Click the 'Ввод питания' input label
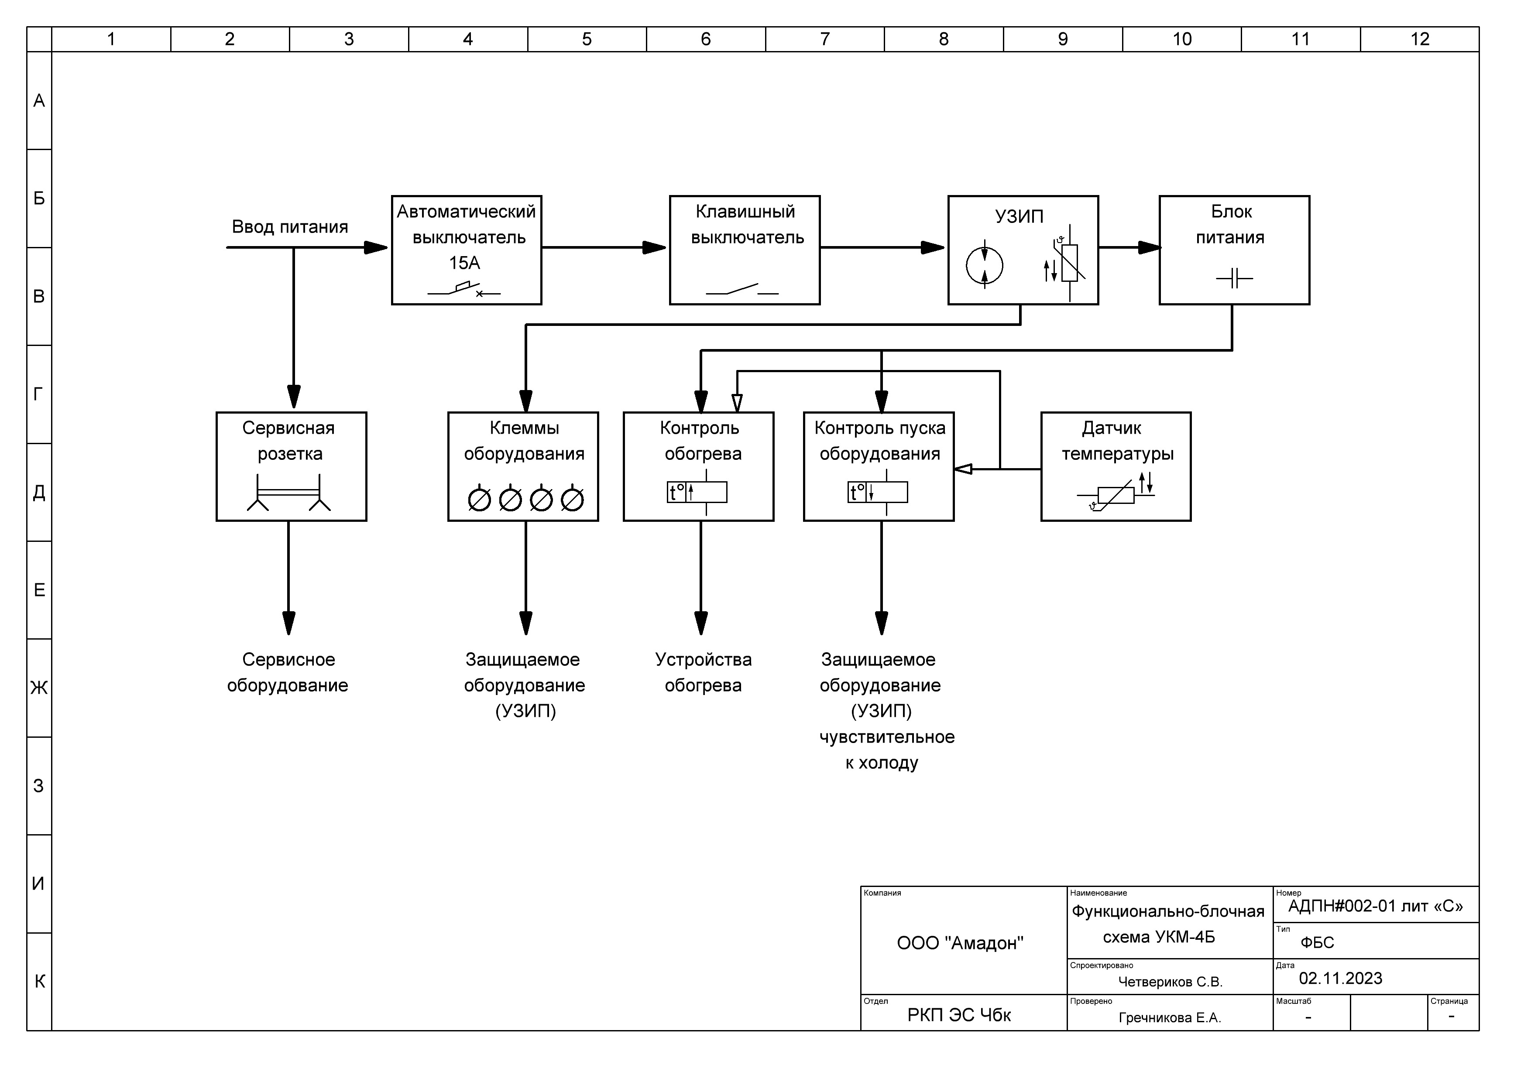tap(290, 227)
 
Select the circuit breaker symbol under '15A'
tap(464, 289)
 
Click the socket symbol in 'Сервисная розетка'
tap(289, 493)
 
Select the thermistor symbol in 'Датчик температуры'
tap(1116, 495)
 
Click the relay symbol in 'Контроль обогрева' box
tap(697, 492)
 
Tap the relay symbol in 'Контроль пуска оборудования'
tap(878, 492)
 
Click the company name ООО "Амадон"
tap(960, 943)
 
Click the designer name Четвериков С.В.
tap(1170, 982)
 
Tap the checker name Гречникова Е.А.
tap(1170, 1018)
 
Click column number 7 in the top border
tap(825, 39)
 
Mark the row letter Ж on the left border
tap(39, 687)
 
